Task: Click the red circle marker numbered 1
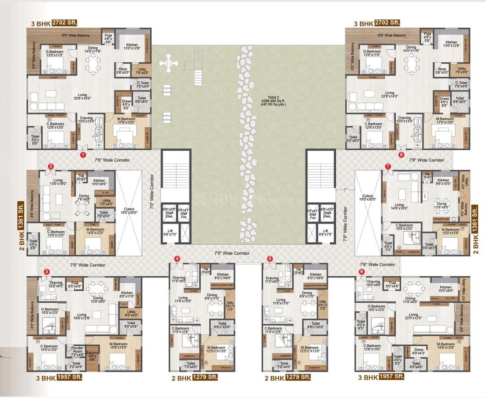[83, 155]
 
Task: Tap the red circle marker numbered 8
[402, 155]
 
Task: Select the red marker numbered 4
[177, 258]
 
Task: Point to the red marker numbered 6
[361, 271]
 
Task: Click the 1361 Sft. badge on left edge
[21, 214]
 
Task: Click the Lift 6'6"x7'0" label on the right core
[327, 232]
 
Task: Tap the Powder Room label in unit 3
[76, 350]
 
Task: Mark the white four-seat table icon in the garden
[168, 62]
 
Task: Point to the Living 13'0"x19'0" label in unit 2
[58, 182]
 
